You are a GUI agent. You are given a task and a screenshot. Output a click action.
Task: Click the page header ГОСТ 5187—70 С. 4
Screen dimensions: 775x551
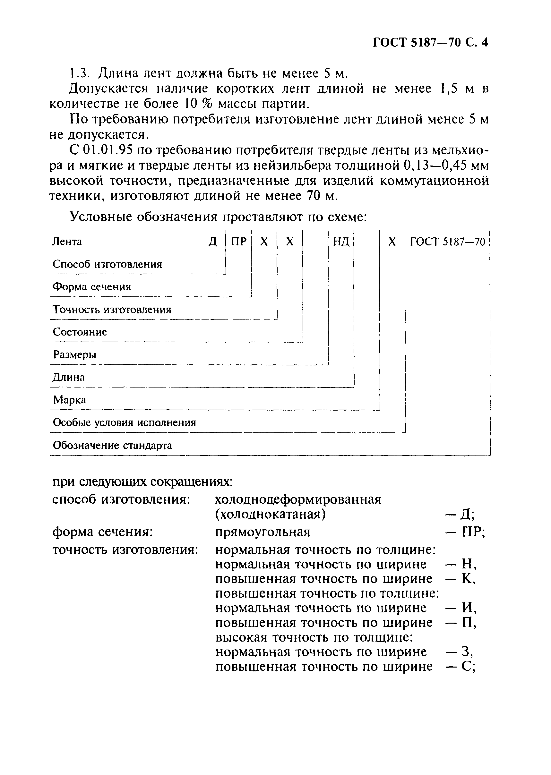coord(430,43)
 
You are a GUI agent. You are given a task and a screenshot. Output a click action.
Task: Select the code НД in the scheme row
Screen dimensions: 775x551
coord(341,242)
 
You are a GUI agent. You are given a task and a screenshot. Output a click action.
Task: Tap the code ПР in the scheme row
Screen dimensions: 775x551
coord(238,242)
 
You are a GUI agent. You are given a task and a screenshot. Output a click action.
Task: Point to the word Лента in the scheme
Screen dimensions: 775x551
coord(67,242)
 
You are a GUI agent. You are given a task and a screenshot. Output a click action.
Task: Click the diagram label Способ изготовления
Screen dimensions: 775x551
coord(107,264)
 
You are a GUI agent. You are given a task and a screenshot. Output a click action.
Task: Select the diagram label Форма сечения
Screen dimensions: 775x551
coord(91,287)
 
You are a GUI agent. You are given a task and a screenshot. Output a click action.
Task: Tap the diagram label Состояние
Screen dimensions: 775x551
coord(80,332)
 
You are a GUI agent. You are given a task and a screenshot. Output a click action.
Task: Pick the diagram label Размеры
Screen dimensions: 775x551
coord(75,355)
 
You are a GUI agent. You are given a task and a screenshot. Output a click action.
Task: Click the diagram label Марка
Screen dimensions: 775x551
coord(70,400)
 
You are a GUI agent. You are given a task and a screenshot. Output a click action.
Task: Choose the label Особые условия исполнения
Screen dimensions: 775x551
coord(125,423)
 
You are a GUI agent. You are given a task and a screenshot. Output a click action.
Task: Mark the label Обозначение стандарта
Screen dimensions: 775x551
coord(112,445)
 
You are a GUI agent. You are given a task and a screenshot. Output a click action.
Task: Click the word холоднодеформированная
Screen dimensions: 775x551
coord(298,499)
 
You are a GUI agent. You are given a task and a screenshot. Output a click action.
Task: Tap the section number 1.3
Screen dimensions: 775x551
coord(79,73)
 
